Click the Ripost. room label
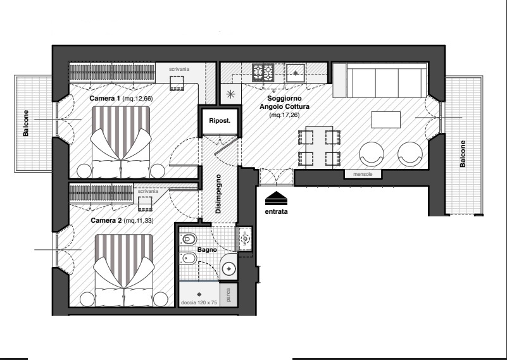pos(220,121)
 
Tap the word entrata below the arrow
pos(276,212)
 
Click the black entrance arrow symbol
pos(276,198)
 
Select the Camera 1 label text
pos(105,98)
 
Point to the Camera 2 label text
pos(106,220)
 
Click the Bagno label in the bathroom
pos(207,250)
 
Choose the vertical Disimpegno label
pos(218,194)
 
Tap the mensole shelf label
pos(363,174)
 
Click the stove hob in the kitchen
pos(263,73)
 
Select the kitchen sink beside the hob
pos(295,73)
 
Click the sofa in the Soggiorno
pos(380,80)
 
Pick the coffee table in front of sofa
pos(385,120)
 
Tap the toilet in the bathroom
pos(188,239)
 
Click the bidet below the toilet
pos(188,258)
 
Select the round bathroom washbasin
pos(229,269)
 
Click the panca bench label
pos(228,295)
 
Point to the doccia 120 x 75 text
pos(199,303)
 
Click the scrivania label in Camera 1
pos(179,69)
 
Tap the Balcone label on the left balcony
pos(25,123)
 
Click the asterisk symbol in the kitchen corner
pos(230,94)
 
